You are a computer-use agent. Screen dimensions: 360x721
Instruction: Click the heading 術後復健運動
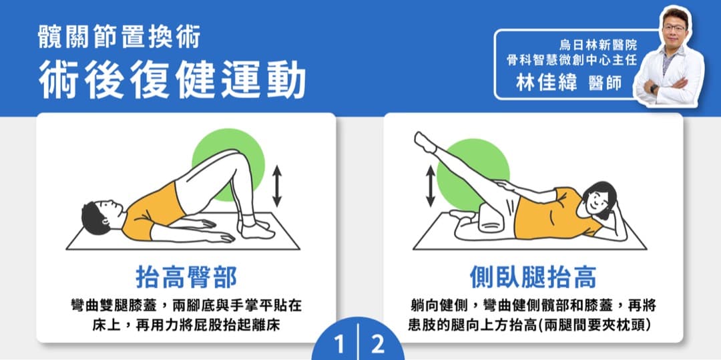click(172, 81)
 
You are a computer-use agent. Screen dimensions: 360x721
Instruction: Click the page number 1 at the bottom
click(340, 345)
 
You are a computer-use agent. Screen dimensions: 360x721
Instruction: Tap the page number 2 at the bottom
click(378, 345)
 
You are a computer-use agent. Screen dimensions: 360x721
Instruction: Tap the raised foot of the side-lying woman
click(423, 141)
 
